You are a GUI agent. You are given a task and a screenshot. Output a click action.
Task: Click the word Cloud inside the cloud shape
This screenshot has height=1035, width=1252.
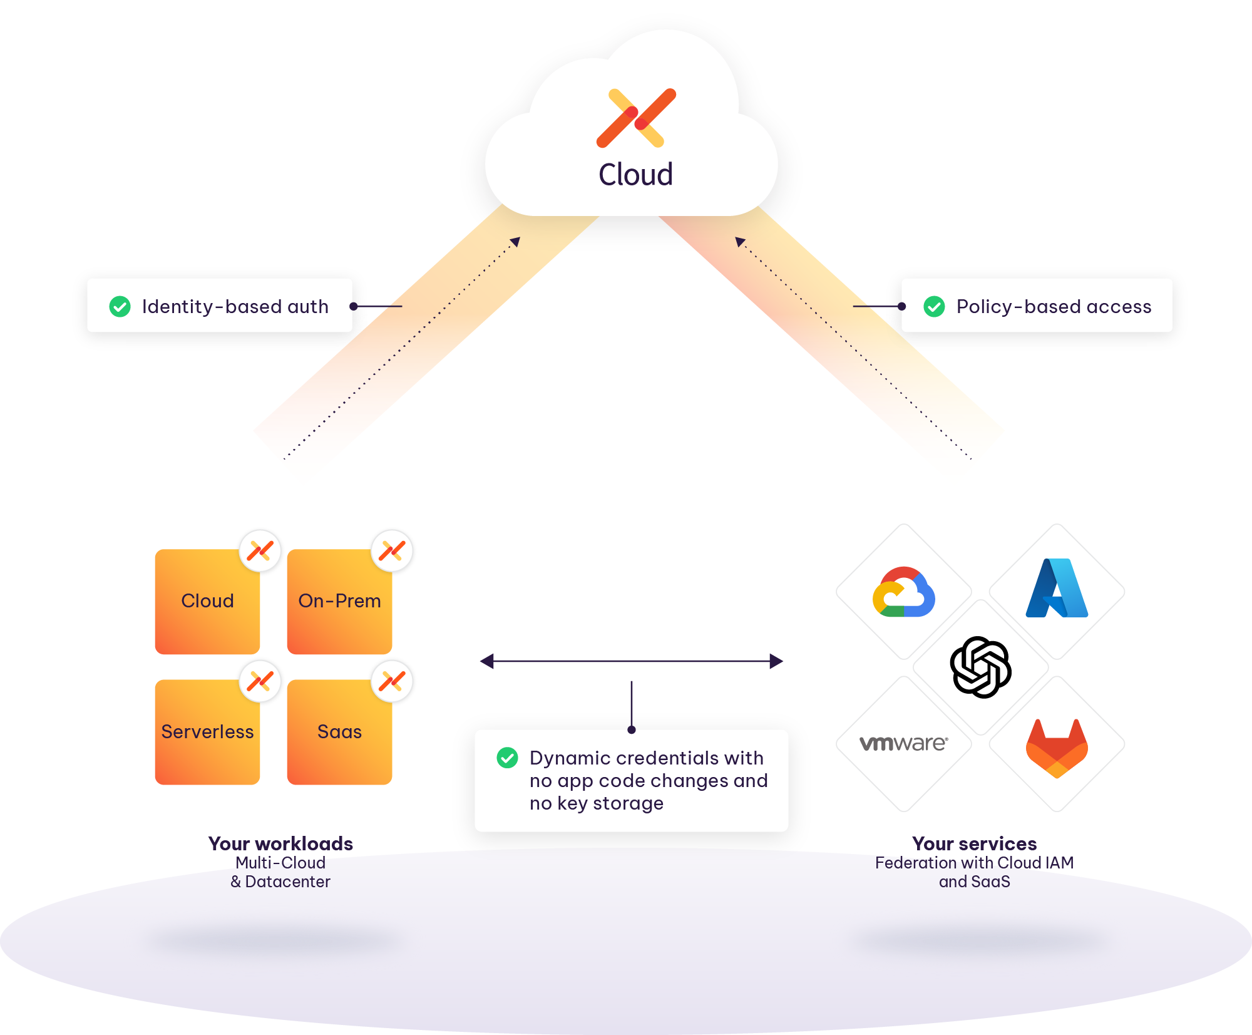[635, 175]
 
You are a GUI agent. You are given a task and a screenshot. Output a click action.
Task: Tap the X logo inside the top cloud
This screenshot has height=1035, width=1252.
[636, 118]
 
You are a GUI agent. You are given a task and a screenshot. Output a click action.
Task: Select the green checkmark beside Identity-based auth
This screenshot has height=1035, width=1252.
[120, 307]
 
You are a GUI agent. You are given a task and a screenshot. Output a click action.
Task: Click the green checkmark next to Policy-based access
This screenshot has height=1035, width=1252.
[934, 307]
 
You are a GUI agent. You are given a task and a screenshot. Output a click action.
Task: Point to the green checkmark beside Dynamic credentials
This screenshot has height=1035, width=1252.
[507, 758]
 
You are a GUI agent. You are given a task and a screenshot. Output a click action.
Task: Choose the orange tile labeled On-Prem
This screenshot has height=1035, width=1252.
[339, 602]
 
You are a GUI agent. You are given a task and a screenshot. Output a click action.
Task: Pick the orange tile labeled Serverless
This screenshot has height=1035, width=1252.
[207, 732]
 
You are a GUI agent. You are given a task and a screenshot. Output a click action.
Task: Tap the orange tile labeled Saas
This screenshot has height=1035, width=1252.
[339, 732]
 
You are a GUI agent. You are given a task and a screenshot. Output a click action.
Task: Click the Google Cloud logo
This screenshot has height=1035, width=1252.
[903, 592]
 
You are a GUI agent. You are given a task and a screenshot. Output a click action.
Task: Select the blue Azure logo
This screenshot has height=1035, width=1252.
[1057, 589]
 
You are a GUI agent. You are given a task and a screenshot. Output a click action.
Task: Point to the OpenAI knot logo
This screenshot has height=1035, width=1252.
[980, 667]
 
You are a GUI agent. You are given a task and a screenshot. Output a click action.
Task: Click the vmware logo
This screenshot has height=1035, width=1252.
[903, 743]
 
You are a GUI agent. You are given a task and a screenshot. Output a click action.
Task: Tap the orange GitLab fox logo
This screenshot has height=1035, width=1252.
[1057, 748]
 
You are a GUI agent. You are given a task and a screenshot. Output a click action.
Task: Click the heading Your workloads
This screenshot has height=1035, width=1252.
[280, 843]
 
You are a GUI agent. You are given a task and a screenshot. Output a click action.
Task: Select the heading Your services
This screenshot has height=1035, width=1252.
[974, 843]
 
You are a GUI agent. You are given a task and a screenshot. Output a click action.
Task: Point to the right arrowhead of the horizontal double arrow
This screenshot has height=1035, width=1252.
[777, 661]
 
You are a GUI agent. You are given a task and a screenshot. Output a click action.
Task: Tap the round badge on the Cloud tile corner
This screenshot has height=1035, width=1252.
[260, 551]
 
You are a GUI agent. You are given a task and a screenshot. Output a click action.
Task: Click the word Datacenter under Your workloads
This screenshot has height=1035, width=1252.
[287, 882]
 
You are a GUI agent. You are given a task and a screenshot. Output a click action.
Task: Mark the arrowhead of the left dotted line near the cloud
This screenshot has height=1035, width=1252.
[516, 242]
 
